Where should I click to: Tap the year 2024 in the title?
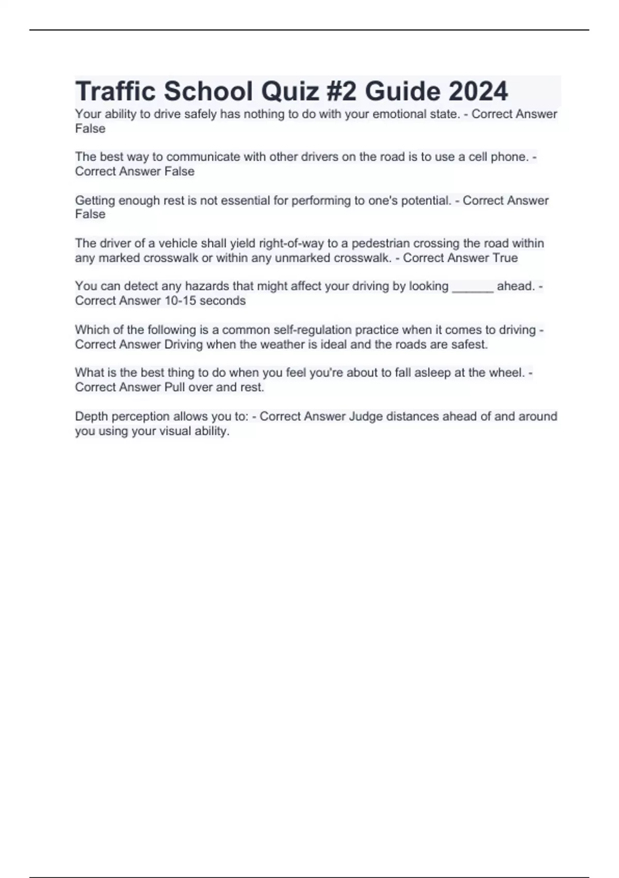click(x=478, y=91)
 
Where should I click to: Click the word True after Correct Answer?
click(x=505, y=258)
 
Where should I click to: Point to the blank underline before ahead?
click(x=473, y=287)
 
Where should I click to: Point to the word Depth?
click(x=91, y=416)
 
